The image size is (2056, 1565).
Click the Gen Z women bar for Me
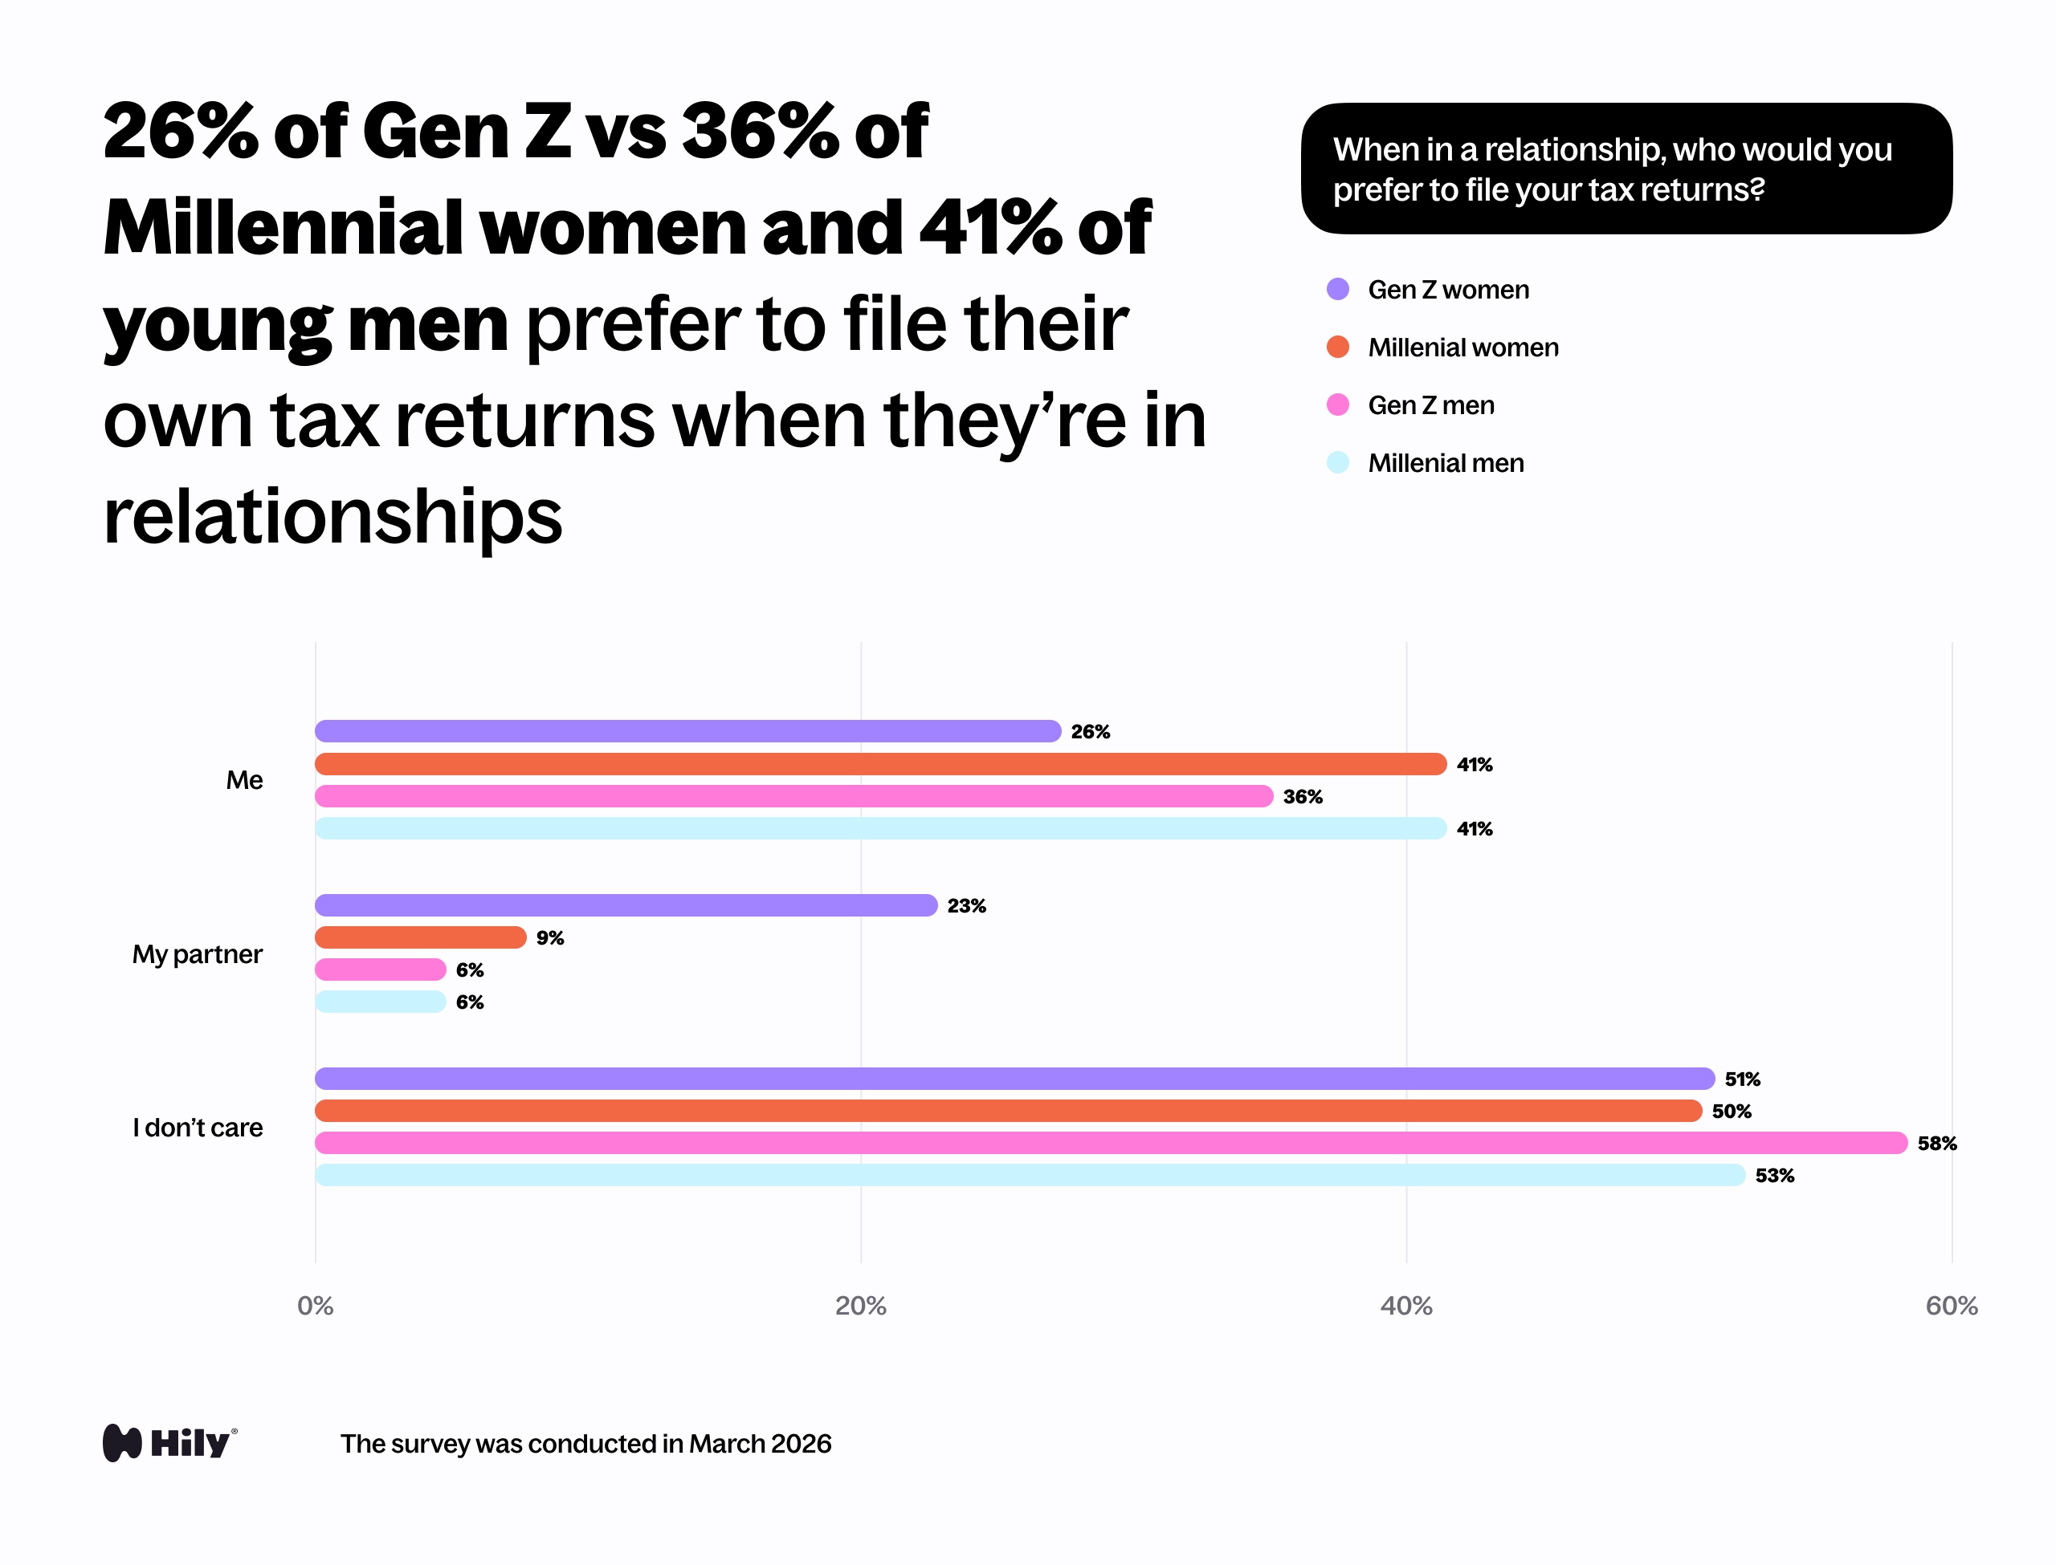[x=687, y=731]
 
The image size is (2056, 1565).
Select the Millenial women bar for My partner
[x=420, y=937]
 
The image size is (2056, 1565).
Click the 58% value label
[x=1936, y=1144]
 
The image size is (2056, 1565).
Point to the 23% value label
[x=966, y=905]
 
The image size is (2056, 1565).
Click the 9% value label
[x=550, y=938]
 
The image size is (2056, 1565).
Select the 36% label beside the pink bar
[x=1303, y=796]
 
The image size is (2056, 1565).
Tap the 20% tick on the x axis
[x=860, y=1306]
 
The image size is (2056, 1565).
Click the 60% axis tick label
[x=1952, y=1306]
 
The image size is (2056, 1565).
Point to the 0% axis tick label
[x=315, y=1306]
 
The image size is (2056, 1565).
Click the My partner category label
[x=198, y=954]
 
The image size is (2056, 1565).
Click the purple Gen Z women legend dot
[x=1337, y=289]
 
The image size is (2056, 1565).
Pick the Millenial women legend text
[x=1463, y=348]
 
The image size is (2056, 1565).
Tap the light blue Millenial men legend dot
[x=1337, y=462]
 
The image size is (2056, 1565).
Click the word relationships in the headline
[x=332, y=517]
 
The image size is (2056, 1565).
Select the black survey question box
[x=1626, y=169]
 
